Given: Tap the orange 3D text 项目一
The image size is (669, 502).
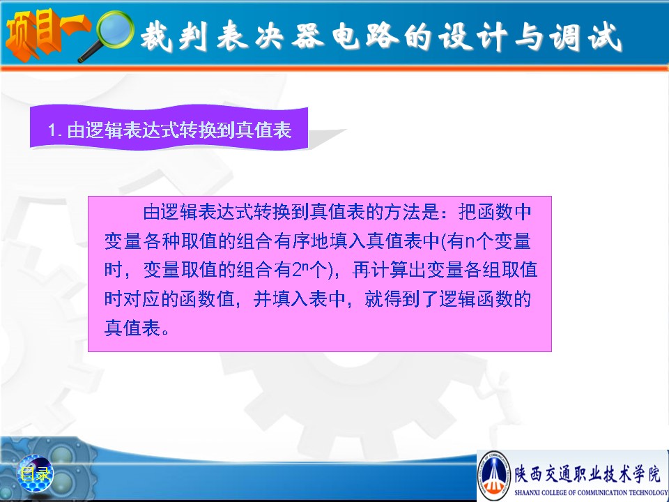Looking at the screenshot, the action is (x=46, y=34).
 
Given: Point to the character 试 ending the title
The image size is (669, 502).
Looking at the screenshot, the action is (x=605, y=37).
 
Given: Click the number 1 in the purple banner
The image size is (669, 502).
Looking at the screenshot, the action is (x=52, y=130).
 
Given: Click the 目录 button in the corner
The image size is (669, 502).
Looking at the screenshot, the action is (x=35, y=473).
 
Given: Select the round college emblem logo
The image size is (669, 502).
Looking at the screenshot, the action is (x=494, y=474).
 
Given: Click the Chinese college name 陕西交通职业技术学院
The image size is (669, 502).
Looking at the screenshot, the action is (x=587, y=473).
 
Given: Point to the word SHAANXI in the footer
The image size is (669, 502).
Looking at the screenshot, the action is (x=527, y=492).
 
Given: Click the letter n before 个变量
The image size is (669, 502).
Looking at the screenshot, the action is (x=470, y=242).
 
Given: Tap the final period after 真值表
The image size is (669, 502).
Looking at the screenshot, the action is (x=166, y=331).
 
